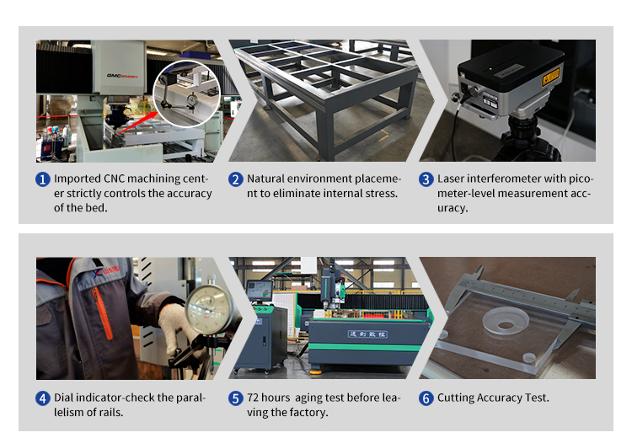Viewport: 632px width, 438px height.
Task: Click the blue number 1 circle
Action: (x=43, y=179)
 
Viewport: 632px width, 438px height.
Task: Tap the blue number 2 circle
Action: (x=236, y=179)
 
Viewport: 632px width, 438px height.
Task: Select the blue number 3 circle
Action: (x=426, y=179)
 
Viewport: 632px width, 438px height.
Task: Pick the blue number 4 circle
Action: (x=43, y=398)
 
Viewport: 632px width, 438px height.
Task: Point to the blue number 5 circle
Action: (x=236, y=398)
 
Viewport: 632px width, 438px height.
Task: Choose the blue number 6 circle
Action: (x=426, y=398)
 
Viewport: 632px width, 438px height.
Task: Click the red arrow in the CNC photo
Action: (x=137, y=122)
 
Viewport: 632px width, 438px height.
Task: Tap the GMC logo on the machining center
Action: (x=122, y=76)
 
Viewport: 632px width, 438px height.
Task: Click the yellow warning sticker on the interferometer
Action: (x=550, y=76)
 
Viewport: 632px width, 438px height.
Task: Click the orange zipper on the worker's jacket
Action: (x=102, y=313)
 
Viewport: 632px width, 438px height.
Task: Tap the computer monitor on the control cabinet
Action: (x=259, y=291)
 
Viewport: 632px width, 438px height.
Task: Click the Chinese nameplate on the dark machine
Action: (x=367, y=334)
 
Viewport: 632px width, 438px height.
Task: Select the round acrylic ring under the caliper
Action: (x=506, y=321)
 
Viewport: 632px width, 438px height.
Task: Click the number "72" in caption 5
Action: (x=253, y=398)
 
